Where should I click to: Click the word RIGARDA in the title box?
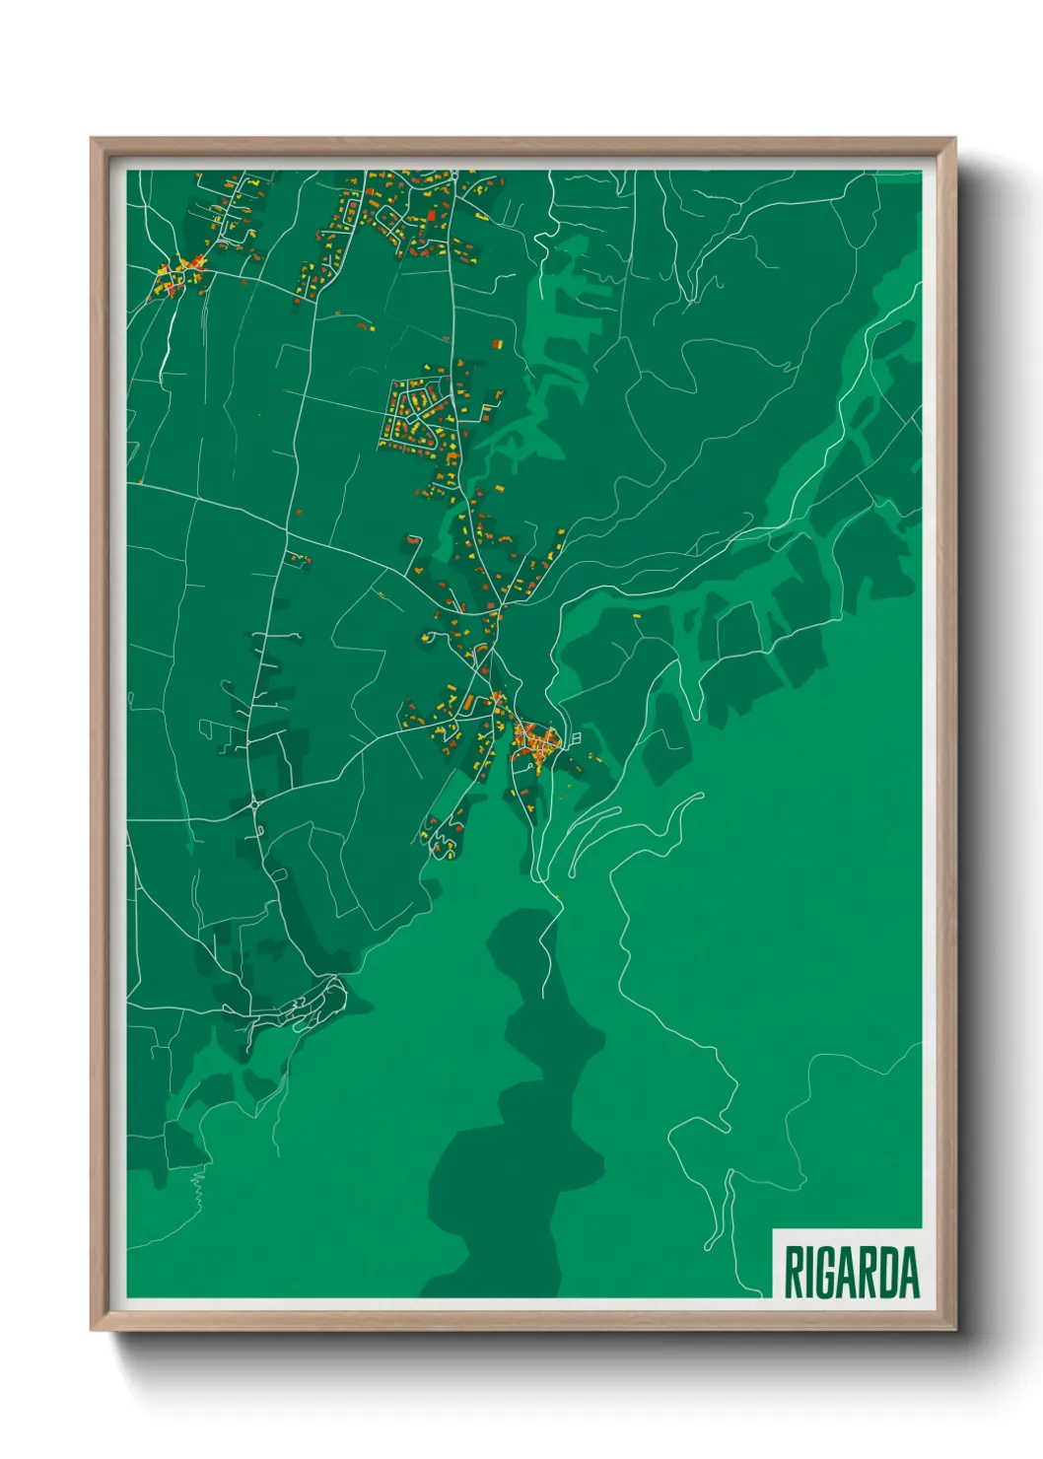pyautogui.click(x=851, y=1273)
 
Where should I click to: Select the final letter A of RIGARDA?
pyautogui.click(x=910, y=1273)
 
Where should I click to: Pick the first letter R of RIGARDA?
pyautogui.click(x=792, y=1273)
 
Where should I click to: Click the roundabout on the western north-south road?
pyautogui.click(x=254, y=804)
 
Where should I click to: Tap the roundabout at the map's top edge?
pyautogui.click(x=452, y=175)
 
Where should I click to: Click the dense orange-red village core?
pyautogui.click(x=533, y=737)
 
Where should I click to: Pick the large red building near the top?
pyautogui.click(x=431, y=216)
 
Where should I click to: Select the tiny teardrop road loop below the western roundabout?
pyautogui.click(x=258, y=833)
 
